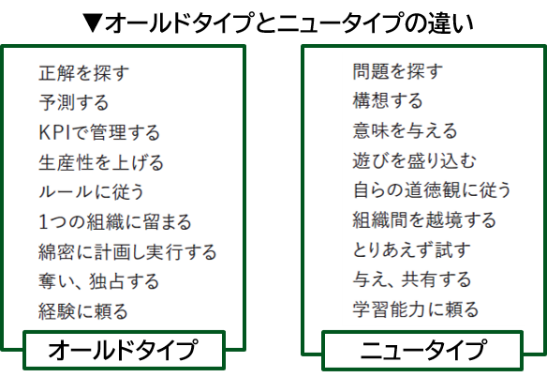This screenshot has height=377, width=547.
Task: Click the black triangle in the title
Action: [93, 23]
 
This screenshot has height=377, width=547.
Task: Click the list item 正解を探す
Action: [83, 73]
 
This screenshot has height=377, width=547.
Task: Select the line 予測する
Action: [74, 103]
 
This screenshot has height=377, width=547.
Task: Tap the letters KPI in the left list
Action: [54, 133]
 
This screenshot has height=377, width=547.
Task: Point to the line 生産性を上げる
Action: [101, 162]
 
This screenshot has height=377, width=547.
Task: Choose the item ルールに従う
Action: [92, 192]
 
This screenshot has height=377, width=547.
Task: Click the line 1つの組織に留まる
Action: [115, 222]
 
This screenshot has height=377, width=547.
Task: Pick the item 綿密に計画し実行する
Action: [127, 252]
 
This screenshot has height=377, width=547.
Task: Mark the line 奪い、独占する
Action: [98, 281]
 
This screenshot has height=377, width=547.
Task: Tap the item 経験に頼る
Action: [83, 311]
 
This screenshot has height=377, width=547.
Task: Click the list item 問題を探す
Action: [398, 71]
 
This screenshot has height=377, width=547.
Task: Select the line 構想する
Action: [388, 100]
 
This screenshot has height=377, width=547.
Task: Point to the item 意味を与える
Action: [405, 130]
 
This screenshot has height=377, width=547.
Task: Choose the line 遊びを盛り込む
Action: [414, 160]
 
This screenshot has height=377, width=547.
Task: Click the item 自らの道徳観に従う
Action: [432, 190]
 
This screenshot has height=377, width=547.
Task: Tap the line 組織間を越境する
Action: [424, 220]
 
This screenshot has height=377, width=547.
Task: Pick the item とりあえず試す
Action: [411, 250]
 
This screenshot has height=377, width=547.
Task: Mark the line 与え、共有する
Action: [412, 279]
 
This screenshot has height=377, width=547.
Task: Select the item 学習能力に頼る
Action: [415, 309]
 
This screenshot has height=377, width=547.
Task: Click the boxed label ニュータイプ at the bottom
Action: [422, 350]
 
